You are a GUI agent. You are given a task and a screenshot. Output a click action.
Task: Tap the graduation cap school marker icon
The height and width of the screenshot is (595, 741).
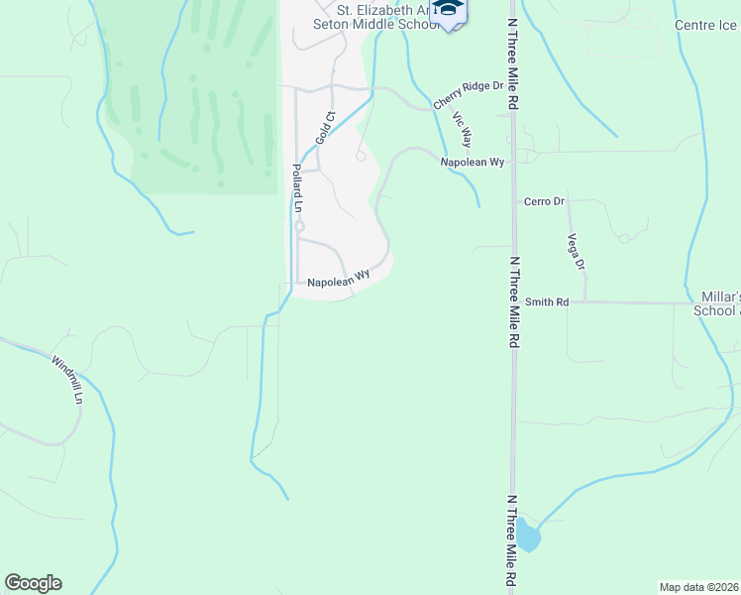[450, 12]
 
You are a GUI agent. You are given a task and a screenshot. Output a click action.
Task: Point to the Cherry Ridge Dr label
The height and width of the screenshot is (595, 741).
[468, 94]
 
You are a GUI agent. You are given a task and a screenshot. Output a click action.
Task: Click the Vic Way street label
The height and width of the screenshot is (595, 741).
[462, 131]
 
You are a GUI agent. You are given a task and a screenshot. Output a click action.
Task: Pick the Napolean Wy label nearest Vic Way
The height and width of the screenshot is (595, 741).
[474, 161]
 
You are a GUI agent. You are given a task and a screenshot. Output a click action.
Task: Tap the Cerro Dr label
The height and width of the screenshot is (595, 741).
[544, 201]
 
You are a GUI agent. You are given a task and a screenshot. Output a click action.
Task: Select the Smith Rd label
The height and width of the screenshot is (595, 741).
[547, 301]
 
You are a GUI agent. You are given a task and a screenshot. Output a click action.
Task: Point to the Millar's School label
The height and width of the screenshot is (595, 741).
[718, 303]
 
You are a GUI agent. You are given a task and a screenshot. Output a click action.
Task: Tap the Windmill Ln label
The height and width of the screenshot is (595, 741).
[67, 380]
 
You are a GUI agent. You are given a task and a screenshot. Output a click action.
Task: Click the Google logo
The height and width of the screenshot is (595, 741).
[34, 583]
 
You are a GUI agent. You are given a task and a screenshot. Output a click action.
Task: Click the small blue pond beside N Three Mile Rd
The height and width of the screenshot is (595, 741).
[529, 536]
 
